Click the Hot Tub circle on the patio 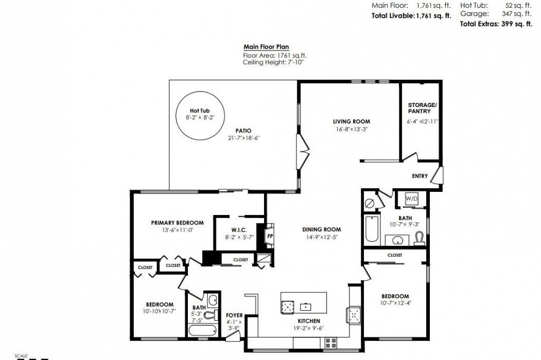point(199,115)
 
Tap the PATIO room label point(243,131)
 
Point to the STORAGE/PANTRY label point(422,108)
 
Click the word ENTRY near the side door point(420,176)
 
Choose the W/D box point(411,198)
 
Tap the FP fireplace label point(270,236)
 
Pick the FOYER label point(234,315)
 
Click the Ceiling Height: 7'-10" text point(273,61)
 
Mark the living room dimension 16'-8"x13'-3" point(351,129)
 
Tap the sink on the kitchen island point(306,307)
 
